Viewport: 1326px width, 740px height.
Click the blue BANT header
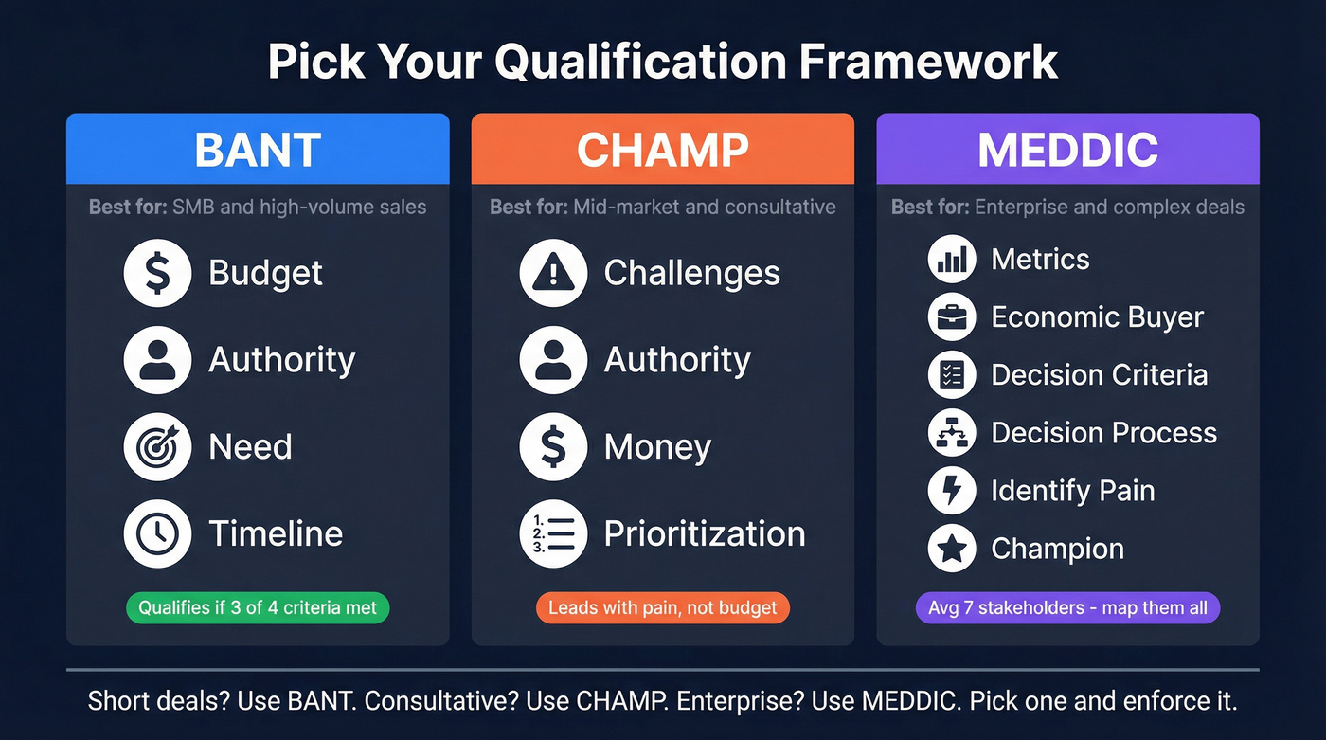pos(258,149)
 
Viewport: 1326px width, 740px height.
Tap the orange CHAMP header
pos(662,149)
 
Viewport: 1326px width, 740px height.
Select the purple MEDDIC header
pos(1067,149)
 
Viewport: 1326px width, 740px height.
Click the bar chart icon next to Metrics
pos(951,260)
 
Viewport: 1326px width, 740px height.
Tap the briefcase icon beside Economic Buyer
pos(951,317)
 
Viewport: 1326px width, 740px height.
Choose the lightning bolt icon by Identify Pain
pos(951,491)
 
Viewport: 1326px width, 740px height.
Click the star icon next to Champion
pos(951,549)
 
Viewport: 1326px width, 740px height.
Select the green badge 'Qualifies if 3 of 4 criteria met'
pos(258,607)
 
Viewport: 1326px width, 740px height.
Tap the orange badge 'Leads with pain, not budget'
pos(662,607)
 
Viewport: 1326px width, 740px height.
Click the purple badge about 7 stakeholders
pos(1067,607)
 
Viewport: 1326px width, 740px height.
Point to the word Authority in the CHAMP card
pos(677,360)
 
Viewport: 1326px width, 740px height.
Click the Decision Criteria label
pos(1099,375)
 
